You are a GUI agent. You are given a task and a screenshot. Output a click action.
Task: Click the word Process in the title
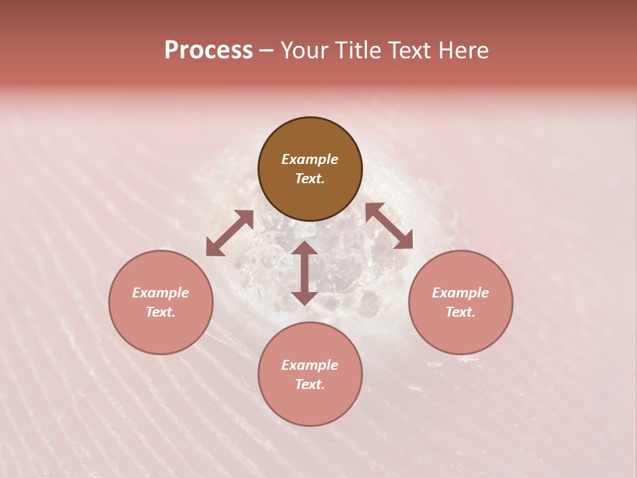coord(208,50)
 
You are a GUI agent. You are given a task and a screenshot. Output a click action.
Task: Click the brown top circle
coord(310,169)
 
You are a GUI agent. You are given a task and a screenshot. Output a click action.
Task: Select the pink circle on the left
coord(161,302)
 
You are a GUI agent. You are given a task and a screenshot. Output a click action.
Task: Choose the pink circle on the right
coord(460,302)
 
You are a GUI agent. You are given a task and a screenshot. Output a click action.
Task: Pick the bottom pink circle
coord(310,374)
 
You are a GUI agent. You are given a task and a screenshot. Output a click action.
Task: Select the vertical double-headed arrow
coord(305,273)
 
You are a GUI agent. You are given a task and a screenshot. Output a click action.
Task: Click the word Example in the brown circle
coord(310,159)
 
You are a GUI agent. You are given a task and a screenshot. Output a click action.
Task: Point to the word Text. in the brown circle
coord(310,179)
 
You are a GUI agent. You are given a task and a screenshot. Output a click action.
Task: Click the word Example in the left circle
coord(161,293)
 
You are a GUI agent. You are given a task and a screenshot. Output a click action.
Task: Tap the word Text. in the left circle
coord(161,312)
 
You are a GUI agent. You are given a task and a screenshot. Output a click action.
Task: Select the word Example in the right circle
coord(460,293)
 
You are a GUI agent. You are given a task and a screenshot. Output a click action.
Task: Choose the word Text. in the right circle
coord(460,312)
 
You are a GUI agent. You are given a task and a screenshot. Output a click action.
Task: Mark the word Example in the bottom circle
coord(310,365)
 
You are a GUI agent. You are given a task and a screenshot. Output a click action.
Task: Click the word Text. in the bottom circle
coord(310,384)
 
